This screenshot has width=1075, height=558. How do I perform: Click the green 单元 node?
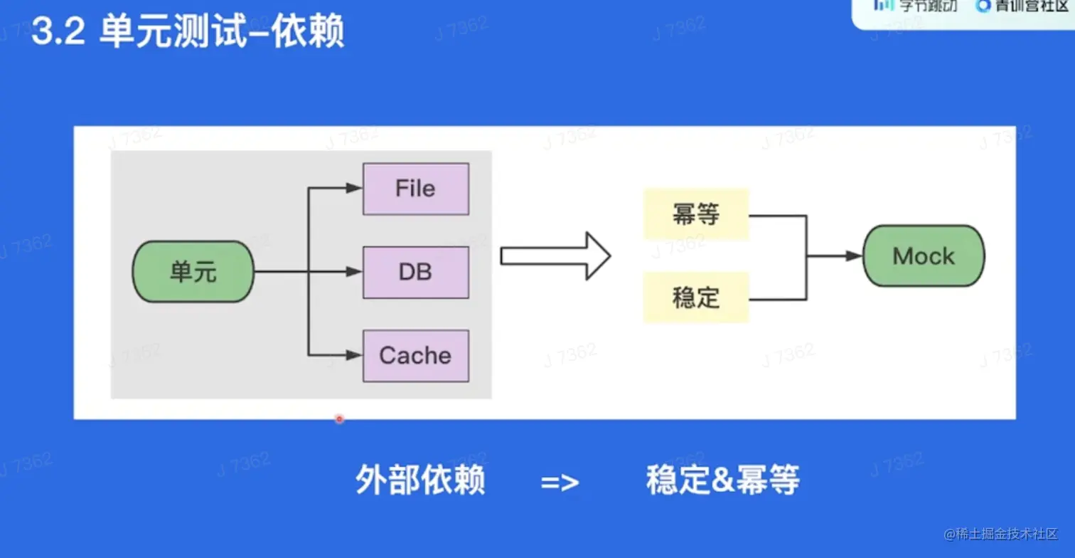click(x=193, y=272)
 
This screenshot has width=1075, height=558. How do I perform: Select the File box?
click(x=415, y=189)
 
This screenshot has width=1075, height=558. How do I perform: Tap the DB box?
click(x=415, y=272)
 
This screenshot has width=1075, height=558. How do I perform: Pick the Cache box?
click(x=415, y=355)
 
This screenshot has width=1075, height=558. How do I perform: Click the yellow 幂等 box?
click(x=695, y=214)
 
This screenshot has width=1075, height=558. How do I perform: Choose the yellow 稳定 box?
click(x=695, y=298)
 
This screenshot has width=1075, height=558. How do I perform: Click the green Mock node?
click(x=923, y=256)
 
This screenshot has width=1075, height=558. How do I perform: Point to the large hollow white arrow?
click(x=555, y=256)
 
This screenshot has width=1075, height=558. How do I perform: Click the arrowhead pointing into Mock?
click(x=854, y=256)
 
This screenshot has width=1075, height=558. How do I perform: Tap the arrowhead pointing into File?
click(x=354, y=189)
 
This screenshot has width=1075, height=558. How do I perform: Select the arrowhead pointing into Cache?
click(x=354, y=355)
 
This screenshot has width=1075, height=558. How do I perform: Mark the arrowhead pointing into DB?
click(x=354, y=272)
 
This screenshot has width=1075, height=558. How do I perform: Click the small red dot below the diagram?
click(x=339, y=418)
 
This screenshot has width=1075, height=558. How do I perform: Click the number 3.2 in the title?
click(x=58, y=33)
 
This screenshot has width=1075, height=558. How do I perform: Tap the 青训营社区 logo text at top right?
click(x=1024, y=6)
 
